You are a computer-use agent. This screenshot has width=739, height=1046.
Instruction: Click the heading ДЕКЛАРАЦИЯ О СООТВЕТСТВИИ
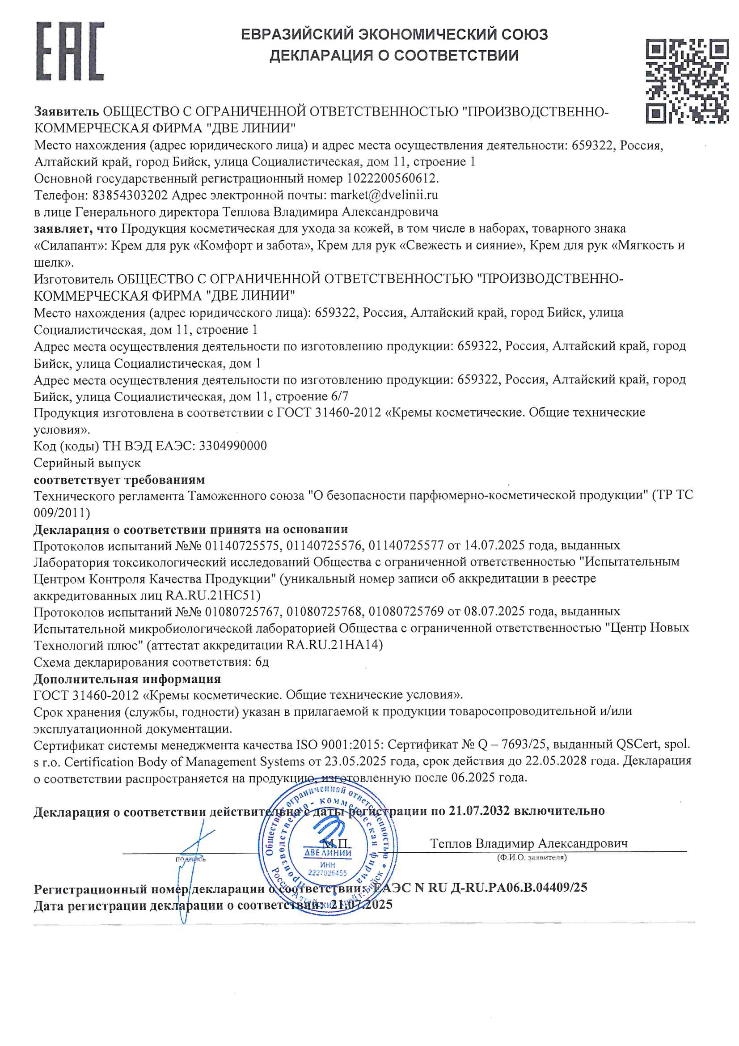tap(394, 55)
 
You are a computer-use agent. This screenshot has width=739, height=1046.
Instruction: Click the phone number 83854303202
tap(130, 195)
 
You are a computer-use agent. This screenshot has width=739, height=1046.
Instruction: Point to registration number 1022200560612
tap(393, 178)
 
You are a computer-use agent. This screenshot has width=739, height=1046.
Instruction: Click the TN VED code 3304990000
tap(233, 446)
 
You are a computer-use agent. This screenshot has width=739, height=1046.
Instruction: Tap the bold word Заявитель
tap(67, 111)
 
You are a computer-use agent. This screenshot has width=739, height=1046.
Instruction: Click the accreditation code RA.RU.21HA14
tap(334, 645)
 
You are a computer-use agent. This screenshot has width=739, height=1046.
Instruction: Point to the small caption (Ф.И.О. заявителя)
tap(532, 857)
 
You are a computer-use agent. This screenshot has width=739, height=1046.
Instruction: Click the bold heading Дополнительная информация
tap(127, 679)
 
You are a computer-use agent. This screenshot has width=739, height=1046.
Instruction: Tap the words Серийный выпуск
tap(87, 463)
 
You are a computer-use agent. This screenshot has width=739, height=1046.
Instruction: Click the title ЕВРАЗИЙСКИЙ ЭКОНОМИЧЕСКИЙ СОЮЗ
tap(394, 34)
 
